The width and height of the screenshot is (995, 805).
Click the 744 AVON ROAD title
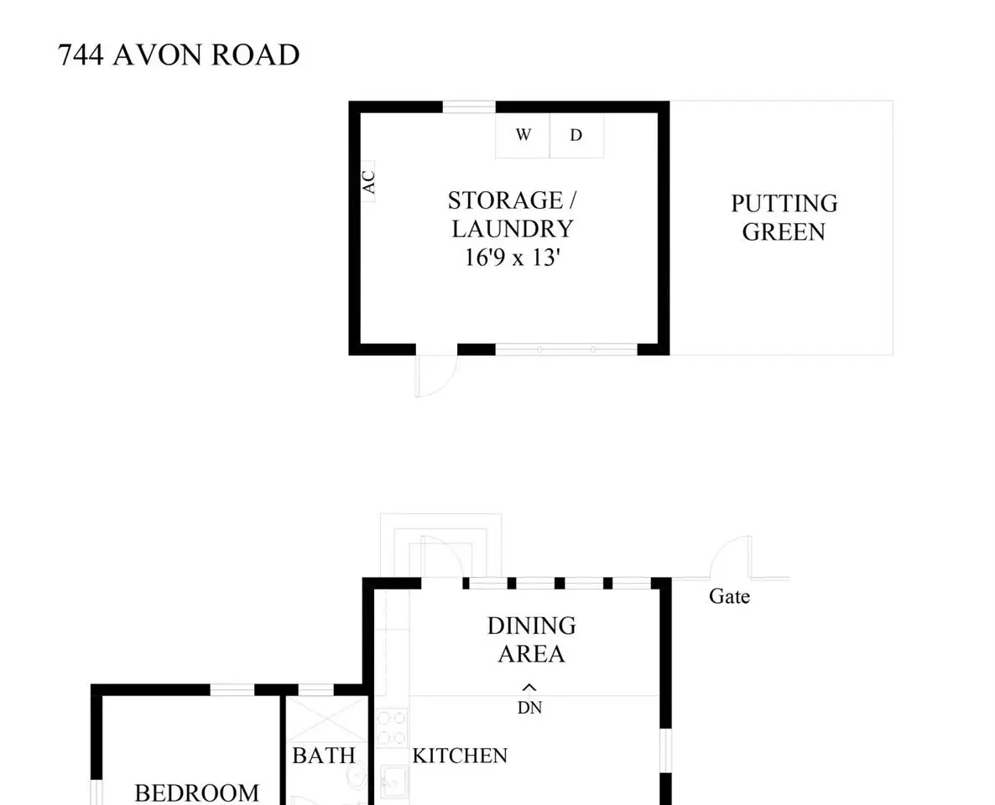point(179,55)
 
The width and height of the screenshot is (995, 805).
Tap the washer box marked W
point(522,135)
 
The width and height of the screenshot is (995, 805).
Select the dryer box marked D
point(576,135)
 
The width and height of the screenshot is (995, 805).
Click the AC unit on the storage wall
point(368,181)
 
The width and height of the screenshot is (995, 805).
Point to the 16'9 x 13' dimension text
point(512,257)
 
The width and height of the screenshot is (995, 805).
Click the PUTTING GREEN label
point(784,217)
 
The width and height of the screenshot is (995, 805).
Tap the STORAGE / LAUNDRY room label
point(512,215)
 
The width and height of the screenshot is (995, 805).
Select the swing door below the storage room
point(436,375)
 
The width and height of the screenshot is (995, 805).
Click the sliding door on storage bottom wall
point(566,350)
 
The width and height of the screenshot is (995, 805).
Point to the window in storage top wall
point(469,106)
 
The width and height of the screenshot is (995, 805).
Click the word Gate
point(729,596)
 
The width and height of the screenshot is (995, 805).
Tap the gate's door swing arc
point(722,548)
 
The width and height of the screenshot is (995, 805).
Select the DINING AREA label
point(532,640)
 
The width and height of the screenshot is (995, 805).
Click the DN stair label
point(530,707)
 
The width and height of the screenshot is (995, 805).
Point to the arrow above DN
point(529,687)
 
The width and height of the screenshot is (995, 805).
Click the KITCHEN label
point(460,756)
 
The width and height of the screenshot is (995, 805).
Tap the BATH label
point(324,756)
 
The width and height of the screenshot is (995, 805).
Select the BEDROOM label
point(196,793)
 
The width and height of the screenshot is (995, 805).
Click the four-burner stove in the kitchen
point(391,728)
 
